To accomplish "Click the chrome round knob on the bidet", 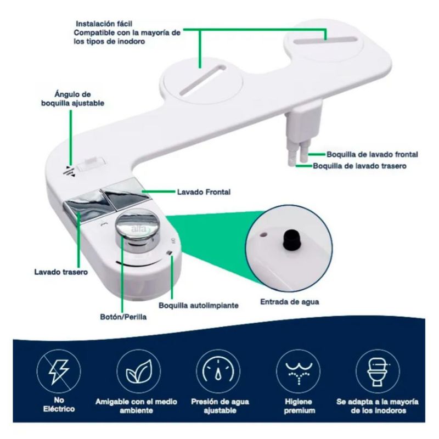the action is pyautogui.click(x=137, y=229).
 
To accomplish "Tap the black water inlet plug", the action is pyautogui.click(x=292, y=239).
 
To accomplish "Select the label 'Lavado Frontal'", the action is pyautogui.click(x=204, y=192).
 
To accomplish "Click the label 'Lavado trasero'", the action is pyautogui.click(x=61, y=272).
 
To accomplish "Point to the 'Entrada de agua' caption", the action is pyautogui.click(x=290, y=302).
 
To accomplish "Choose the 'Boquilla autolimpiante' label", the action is pyautogui.click(x=199, y=306).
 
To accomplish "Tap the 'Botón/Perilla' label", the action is pyautogui.click(x=123, y=317).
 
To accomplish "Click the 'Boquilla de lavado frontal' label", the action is pyautogui.click(x=372, y=154).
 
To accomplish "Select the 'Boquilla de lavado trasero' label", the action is pyautogui.click(x=359, y=166).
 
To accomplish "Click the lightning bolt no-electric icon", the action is pyautogui.click(x=59, y=372).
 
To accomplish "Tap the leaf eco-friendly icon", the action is pyautogui.click(x=139, y=372).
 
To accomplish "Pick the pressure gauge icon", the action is pyautogui.click(x=218, y=372).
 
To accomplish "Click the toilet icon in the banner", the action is pyautogui.click(x=378, y=372).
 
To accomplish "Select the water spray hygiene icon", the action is pyautogui.click(x=299, y=372).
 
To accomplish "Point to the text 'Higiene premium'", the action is pyautogui.click(x=299, y=406).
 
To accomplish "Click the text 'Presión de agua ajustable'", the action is pyautogui.click(x=220, y=406).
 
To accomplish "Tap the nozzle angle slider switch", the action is pyautogui.click(x=91, y=164).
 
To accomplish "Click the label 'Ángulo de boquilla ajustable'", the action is pyautogui.click(x=72, y=99).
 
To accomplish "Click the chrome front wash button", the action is pyautogui.click(x=127, y=195).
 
